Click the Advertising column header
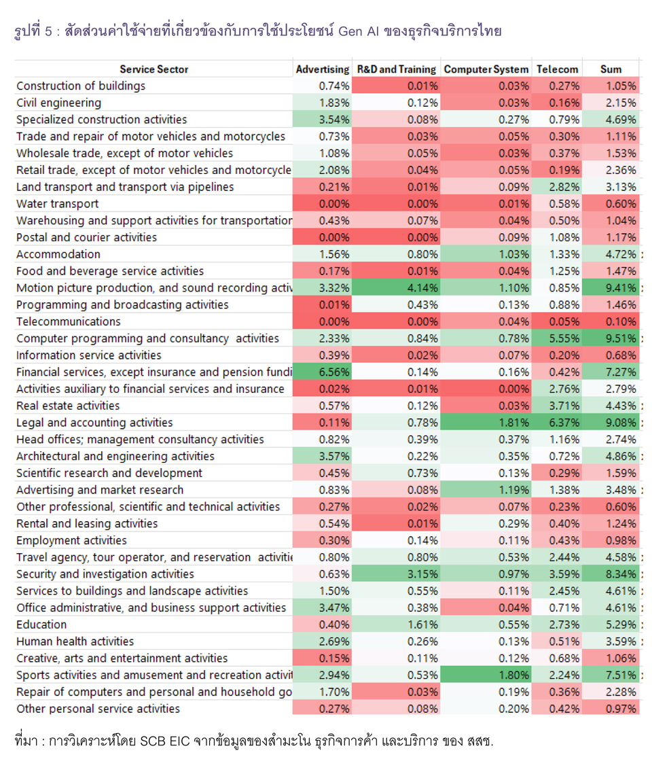pos(323,69)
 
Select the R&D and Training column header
pos(396,69)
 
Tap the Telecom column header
pos(557,69)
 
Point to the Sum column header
pos(611,69)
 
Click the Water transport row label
pos(57,204)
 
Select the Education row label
pos(41,624)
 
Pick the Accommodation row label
pos(58,254)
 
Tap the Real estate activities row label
pos(67,406)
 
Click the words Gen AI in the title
pos(359,31)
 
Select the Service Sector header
pos(154,69)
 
